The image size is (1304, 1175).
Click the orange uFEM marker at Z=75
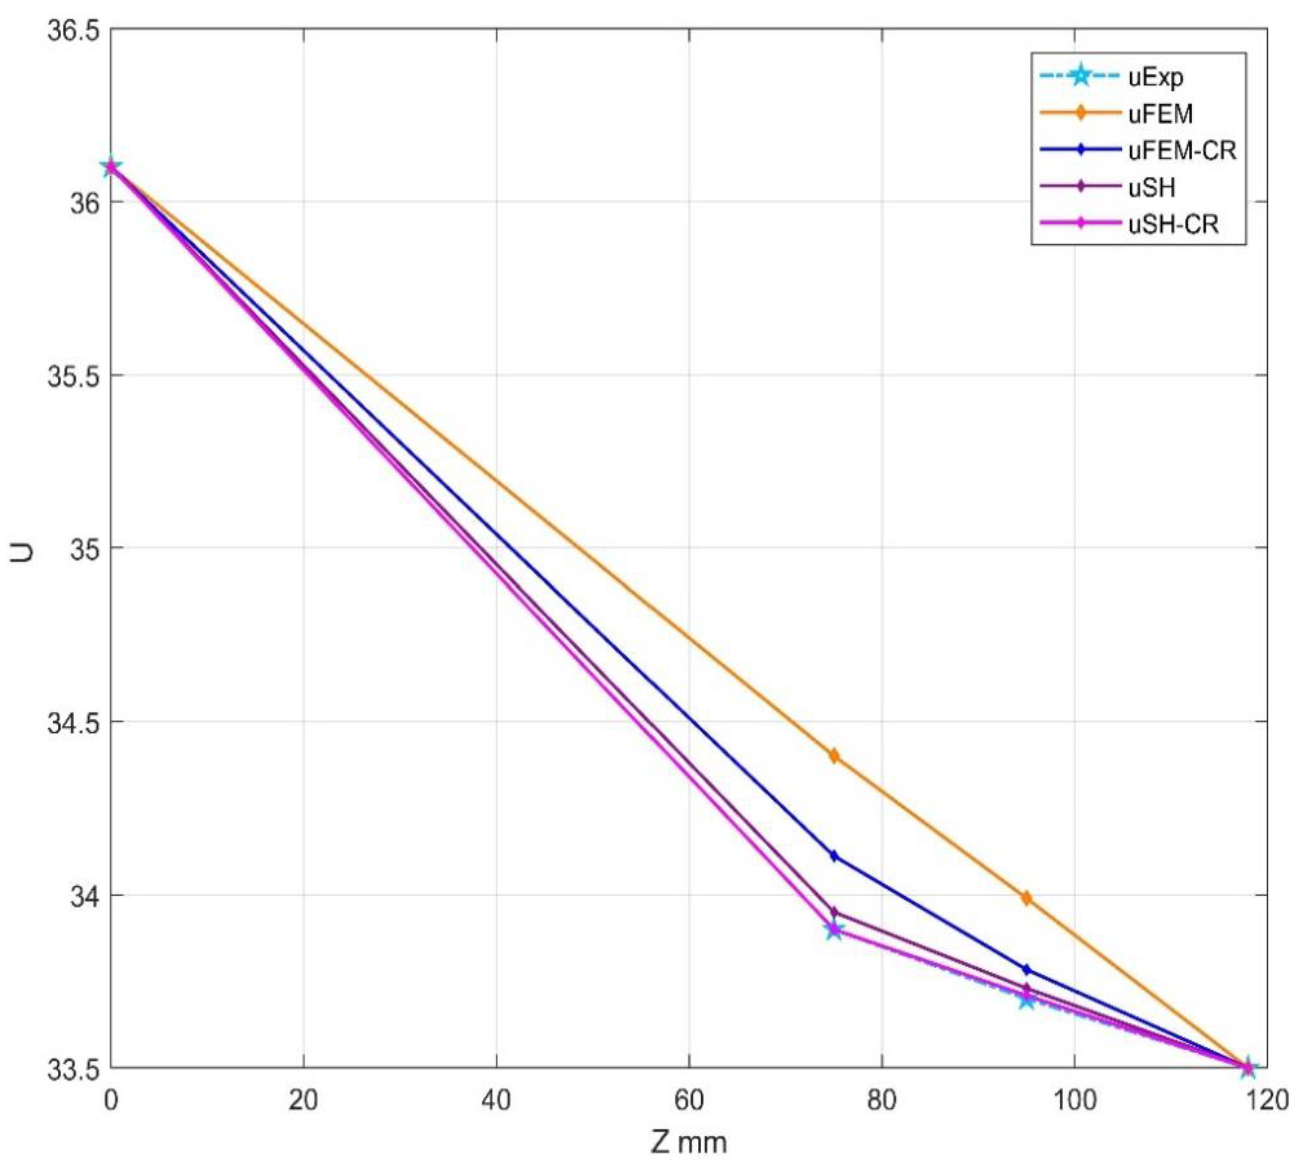coord(834,755)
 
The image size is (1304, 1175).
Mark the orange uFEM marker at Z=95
coord(1026,898)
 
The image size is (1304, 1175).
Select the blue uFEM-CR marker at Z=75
coord(834,856)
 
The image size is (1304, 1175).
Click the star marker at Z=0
coord(111,167)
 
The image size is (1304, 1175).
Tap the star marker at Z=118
coord(1248,1067)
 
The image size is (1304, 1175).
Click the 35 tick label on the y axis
coord(82,549)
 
